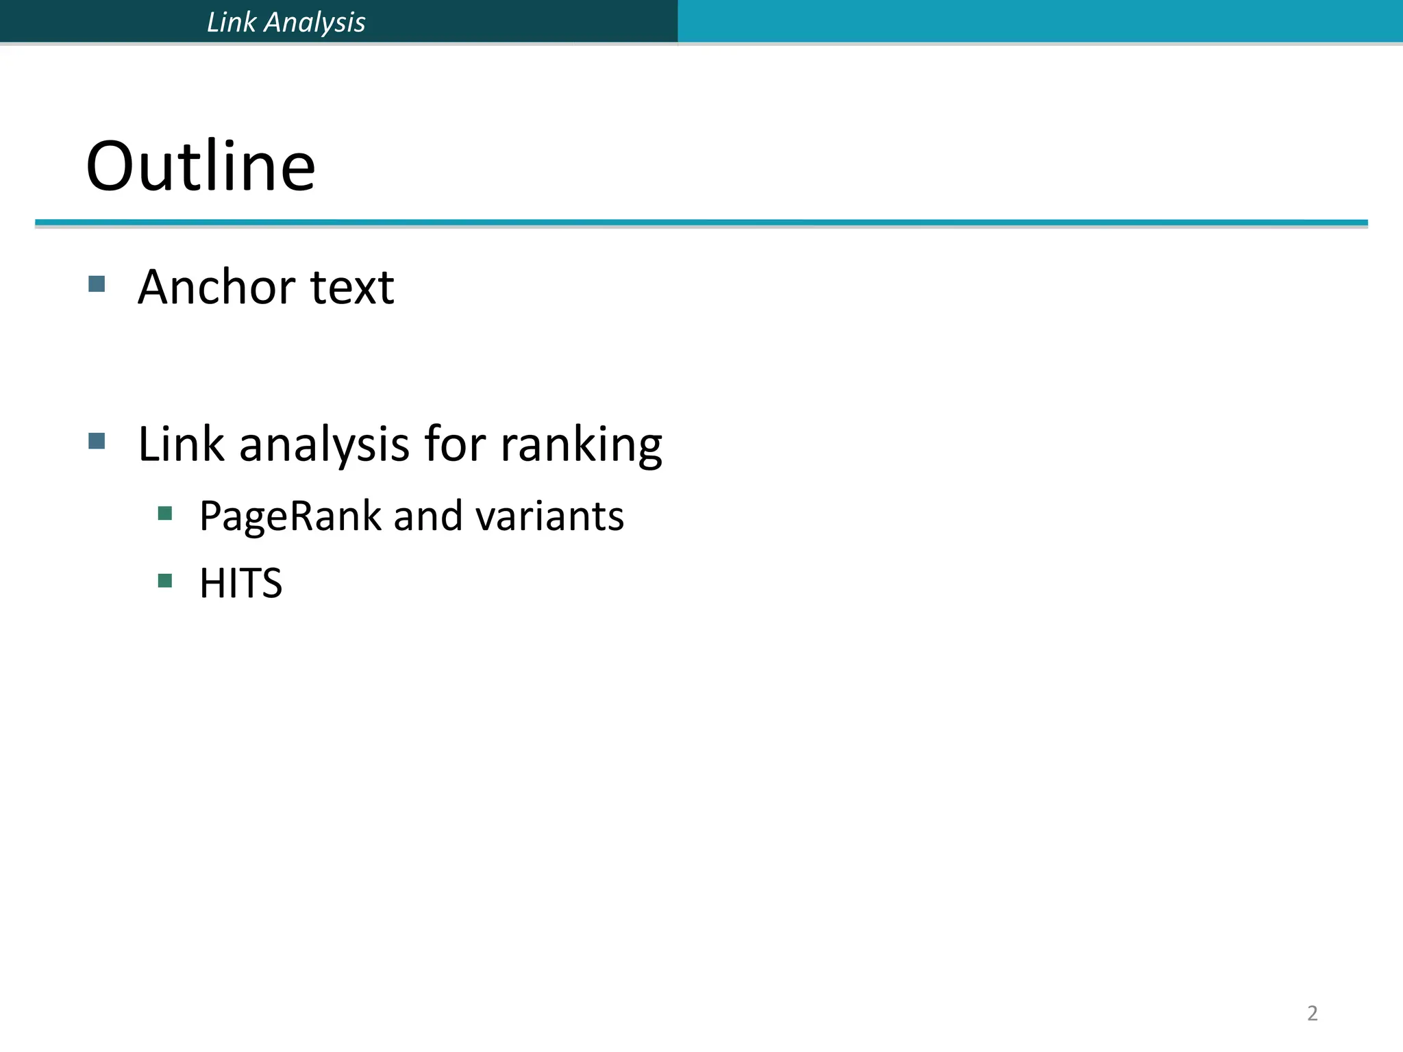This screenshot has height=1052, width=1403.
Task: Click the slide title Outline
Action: [x=200, y=166]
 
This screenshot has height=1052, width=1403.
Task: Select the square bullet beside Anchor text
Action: [x=97, y=284]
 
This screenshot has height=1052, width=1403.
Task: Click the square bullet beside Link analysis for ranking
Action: [x=97, y=440]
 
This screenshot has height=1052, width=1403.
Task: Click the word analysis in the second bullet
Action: [x=324, y=445]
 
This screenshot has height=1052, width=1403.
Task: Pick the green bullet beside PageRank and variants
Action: [x=164, y=513]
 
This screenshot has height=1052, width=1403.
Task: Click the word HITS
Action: [x=240, y=584]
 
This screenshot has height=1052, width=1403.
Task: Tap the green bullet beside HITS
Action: [x=164, y=581]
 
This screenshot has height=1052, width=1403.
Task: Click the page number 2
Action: [x=1312, y=1013]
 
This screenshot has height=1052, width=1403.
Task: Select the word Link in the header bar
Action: [x=231, y=22]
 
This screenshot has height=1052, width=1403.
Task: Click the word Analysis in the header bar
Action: [x=315, y=23]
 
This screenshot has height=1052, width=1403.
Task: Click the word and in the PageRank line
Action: [x=427, y=516]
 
